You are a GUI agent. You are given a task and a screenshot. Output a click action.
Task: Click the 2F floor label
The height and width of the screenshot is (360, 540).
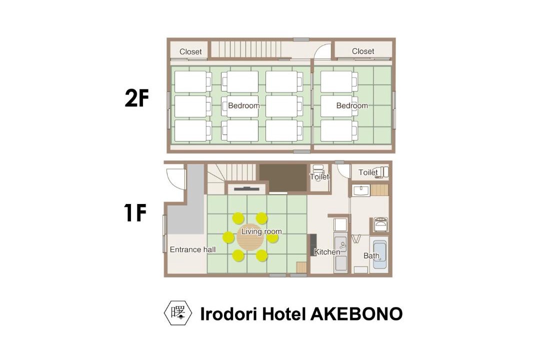pyautogui.click(x=136, y=99)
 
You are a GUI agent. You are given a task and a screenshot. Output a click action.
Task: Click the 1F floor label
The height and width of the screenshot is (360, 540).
pyautogui.click(x=135, y=213)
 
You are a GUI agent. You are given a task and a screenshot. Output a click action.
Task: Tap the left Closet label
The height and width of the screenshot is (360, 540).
pyautogui.click(x=190, y=51)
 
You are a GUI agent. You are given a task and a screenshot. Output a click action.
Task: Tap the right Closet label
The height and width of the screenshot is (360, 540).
pyautogui.click(x=363, y=51)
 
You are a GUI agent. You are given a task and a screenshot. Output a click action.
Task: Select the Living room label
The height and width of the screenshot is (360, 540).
pyautogui.click(x=261, y=231)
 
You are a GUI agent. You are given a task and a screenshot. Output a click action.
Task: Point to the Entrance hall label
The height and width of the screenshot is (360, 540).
pyautogui.click(x=193, y=249)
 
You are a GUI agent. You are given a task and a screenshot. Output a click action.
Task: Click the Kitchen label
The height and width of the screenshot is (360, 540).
pyautogui.click(x=327, y=252)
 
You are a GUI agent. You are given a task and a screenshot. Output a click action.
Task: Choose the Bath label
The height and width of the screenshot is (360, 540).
pyautogui.click(x=371, y=255)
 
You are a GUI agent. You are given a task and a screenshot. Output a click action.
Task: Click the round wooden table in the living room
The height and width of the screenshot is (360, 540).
pyautogui.click(x=250, y=237)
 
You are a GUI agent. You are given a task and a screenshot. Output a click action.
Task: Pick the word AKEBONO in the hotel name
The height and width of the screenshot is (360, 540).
pyautogui.click(x=356, y=314)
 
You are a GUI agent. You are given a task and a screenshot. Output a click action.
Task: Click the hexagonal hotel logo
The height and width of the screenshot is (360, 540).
pyautogui.click(x=178, y=313)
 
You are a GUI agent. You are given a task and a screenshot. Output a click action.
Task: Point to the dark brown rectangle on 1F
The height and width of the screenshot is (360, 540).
pyautogui.click(x=283, y=177)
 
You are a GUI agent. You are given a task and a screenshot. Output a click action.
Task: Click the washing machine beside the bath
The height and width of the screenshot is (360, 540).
pyautogui.click(x=380, y=224)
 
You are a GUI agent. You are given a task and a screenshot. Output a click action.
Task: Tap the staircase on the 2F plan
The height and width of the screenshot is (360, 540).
pyautogui.click(x=246, y=49)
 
